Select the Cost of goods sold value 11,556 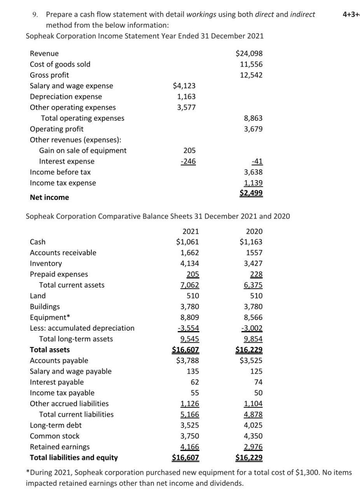click(252, 64)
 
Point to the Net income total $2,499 click(251, 193)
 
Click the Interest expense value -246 click(188, 161)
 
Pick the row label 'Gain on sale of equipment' click(83, 151)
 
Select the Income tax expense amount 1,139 click(253, 183)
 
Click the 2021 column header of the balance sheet click(190, 231)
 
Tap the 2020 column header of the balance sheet click(254, 231)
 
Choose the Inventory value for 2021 click(189, 263)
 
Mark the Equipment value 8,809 click(189, 317)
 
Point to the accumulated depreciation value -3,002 click(252, 328)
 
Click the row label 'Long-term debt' click(56, 425)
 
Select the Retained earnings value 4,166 click(189, 447)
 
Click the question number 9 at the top click(35, 15)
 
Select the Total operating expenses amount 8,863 click(253, 118)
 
